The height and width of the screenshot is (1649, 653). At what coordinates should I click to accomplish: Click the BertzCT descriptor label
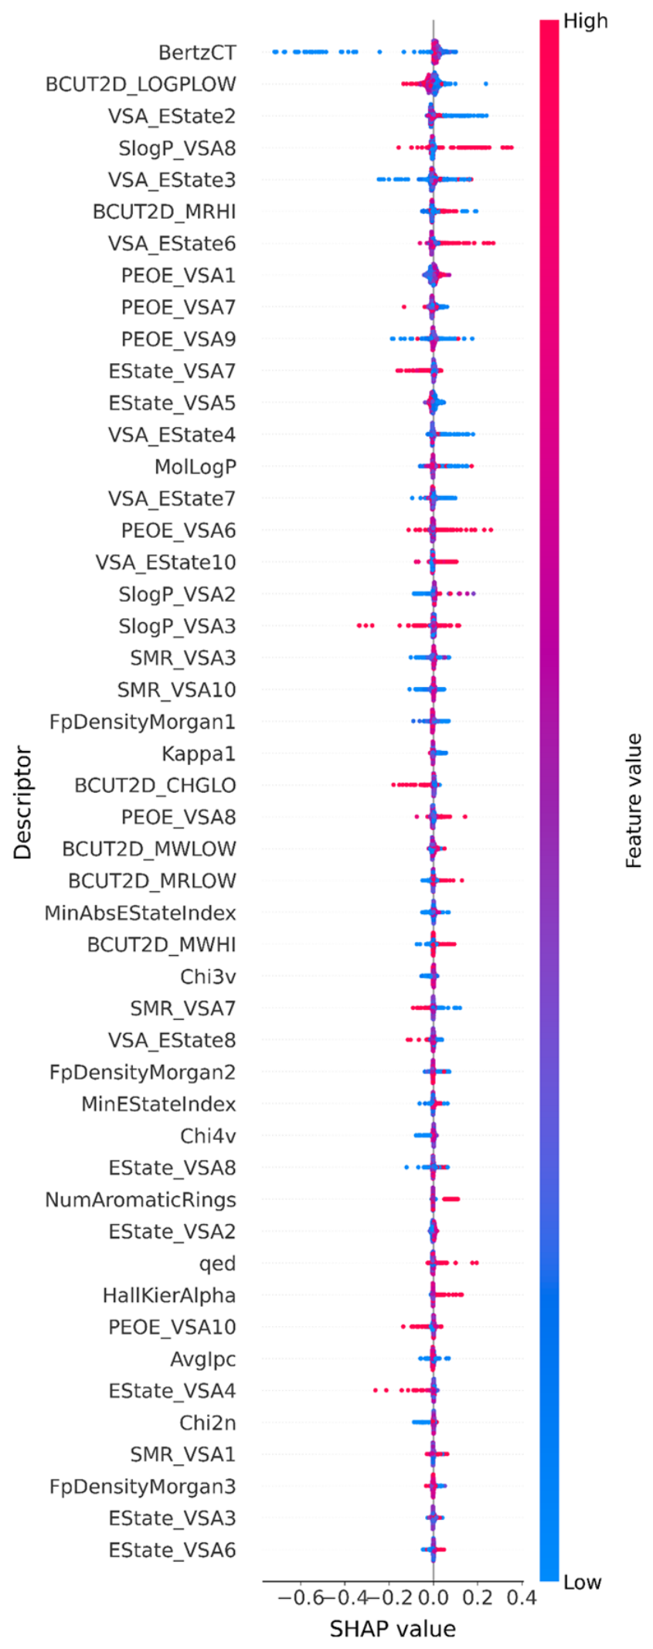(197, 53)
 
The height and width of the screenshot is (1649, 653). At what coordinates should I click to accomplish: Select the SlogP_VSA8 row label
(177, 148)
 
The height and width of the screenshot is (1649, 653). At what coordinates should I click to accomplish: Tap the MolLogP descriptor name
(196, 467)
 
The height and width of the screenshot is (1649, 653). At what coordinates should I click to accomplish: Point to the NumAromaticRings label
(141, 1200)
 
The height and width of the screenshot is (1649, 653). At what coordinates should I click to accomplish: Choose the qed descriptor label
(218, 1264)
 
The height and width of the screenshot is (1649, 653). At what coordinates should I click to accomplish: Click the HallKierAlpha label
(169, 1295)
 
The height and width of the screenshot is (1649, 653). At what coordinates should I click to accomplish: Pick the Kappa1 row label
(199, 753)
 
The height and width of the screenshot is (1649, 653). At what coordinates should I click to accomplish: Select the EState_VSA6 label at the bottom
(172, 1550)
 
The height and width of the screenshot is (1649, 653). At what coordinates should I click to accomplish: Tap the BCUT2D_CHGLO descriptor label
(155, 786)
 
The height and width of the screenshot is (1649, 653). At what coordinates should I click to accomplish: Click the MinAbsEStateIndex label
(140, 913)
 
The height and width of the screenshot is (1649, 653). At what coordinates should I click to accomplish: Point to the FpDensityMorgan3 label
(143, 1487)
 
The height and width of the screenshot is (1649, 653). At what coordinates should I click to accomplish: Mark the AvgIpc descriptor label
(203, 1359)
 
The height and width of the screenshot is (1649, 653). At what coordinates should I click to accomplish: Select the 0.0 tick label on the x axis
(434, 1598)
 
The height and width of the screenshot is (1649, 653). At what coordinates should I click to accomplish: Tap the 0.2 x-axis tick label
(478, 1598)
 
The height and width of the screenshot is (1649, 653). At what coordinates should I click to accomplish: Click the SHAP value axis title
(393, 1629)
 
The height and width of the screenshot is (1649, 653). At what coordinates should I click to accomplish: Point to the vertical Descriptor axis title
(23, 802)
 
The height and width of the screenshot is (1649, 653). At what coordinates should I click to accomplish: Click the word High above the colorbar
(586, 21)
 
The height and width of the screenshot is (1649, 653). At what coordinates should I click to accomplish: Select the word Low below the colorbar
(583, 1583)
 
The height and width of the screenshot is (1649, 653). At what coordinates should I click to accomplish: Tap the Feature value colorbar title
(634, 801)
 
